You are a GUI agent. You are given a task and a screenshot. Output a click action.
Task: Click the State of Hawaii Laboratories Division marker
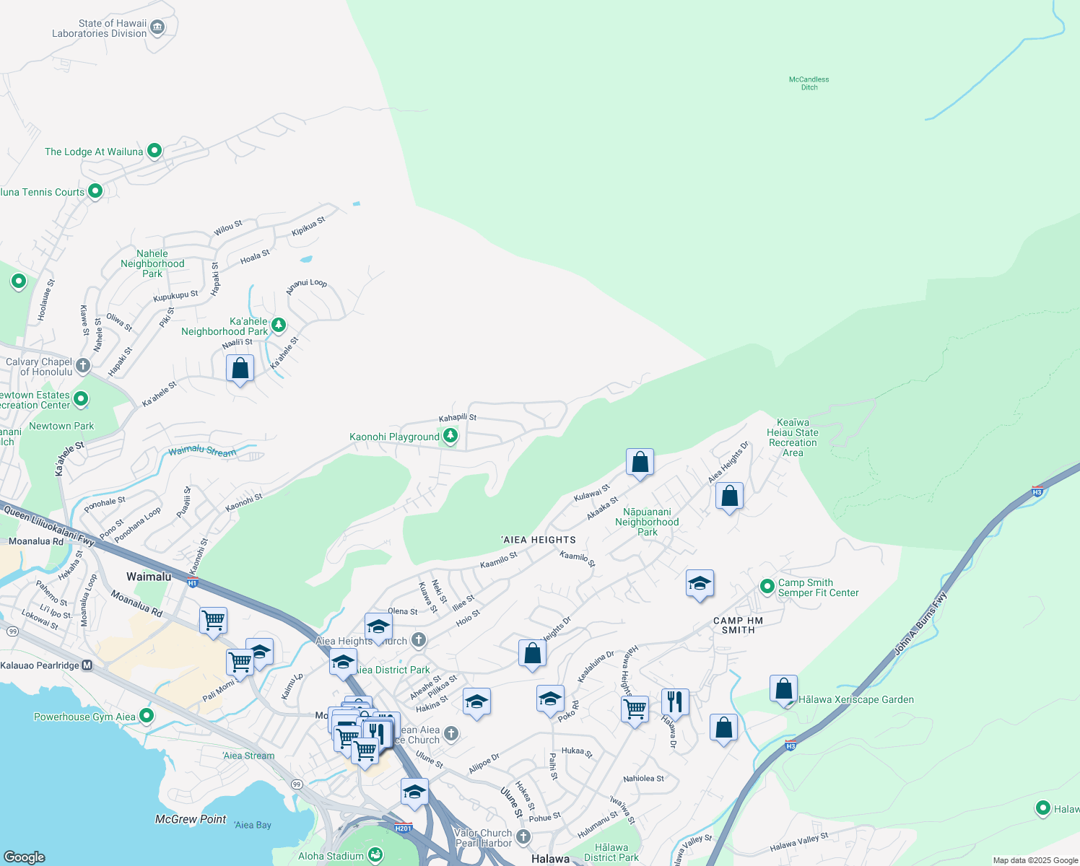point(157,28)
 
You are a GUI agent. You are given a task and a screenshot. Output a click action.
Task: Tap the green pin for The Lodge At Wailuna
point(154,151)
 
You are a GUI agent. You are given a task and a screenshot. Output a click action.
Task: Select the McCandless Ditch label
point(809,83)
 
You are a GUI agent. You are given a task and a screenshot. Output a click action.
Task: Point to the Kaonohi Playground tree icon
point(450,436)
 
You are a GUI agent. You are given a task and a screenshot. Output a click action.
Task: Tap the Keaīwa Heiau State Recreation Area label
point(793,437)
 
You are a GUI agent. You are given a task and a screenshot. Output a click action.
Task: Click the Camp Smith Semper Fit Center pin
point(767,587)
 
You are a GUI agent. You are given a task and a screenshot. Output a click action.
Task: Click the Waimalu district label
point(149,577)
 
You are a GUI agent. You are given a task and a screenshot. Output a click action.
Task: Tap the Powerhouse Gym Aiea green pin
point(147,716)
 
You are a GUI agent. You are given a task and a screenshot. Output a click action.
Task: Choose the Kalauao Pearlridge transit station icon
point(87,665)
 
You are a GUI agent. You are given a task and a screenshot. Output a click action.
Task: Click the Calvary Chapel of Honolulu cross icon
point(83,366)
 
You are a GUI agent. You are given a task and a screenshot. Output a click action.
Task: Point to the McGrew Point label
point(191,819)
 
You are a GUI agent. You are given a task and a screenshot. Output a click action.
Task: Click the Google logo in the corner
point(25,857)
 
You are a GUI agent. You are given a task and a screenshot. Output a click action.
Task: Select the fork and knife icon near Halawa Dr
point(674,701)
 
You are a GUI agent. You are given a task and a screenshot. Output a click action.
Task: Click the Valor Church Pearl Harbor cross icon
point(523,837)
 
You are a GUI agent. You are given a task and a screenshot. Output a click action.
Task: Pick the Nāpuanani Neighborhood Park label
point(647,522)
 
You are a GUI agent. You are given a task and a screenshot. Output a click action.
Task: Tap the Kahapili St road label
point(458,418)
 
